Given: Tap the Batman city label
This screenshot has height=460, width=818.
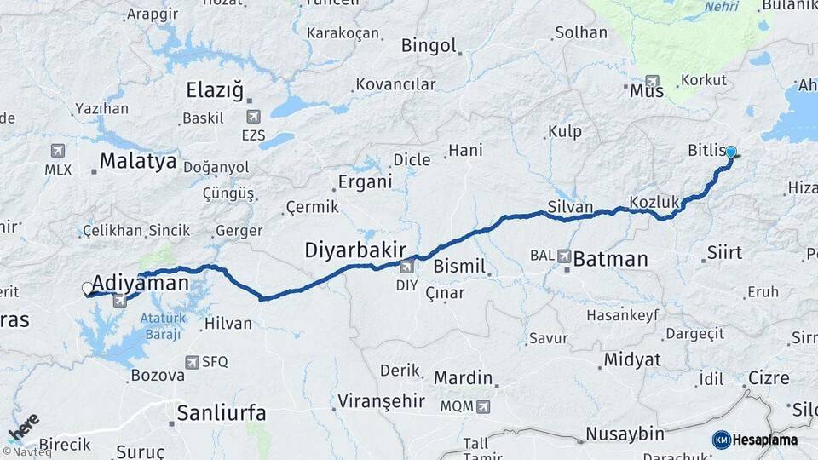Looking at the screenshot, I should [610, 259].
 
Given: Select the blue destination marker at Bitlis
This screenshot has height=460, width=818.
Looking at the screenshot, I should [731, 152].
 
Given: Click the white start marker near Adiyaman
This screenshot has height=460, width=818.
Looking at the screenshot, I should [87, 289].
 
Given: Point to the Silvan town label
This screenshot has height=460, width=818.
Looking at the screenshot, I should [570, 207].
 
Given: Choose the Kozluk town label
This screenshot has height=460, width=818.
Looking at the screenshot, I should [654, 202].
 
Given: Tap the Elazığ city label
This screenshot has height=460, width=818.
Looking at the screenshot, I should [215, 90].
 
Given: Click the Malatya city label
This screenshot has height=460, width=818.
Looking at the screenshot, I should [138, 161].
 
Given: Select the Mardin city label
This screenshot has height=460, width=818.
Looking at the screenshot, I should [464, 377].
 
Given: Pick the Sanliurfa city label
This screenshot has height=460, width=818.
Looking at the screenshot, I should [222, 414].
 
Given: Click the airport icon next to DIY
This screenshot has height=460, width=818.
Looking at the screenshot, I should [406, 267].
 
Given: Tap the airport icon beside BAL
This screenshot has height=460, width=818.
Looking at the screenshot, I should [565, 256].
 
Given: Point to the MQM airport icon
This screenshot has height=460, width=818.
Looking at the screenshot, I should [484, 406].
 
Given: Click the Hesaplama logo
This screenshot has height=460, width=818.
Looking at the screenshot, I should [755, 440].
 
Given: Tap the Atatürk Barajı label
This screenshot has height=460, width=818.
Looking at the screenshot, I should [161, 326].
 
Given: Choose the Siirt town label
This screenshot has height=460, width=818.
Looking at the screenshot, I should [724, 253].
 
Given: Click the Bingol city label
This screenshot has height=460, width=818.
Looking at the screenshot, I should [429, 46].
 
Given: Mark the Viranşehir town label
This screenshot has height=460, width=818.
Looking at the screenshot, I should [379, 400].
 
